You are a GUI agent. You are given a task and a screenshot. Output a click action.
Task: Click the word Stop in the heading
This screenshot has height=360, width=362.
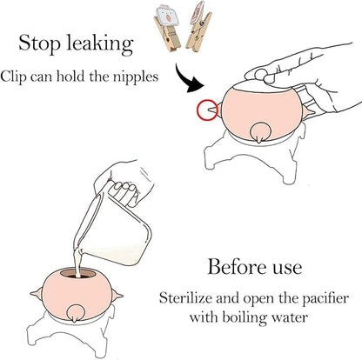pyautogui.click(x=40, y=43)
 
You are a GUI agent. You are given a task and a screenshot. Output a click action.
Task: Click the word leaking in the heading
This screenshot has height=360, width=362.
pyautogui.click(x=100, y=44)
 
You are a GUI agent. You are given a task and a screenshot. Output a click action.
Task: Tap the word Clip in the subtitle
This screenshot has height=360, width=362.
pyautogui.click(x=14, y=77)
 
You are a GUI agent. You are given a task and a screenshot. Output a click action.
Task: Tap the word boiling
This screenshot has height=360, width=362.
pyautogui.click(x=244, y=318)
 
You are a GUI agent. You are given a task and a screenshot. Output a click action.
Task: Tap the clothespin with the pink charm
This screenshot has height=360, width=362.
pyautogui.click(x=198, y=28)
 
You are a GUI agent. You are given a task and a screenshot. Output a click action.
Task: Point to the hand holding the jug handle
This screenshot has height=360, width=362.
pyautogui.click(x=124, y=183)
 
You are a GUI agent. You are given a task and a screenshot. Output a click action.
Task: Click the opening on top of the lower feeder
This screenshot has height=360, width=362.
pyautogui.click(x=80, y=273)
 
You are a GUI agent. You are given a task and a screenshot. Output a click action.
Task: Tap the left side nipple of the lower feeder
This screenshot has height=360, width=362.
pyautogui.click(x=37, y=294)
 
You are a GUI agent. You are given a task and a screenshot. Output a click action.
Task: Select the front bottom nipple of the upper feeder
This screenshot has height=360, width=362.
pyautogui.click(x=258, y=133)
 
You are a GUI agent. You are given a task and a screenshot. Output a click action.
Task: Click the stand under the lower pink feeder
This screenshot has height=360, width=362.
pyautogui.click(x=72, y=333)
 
